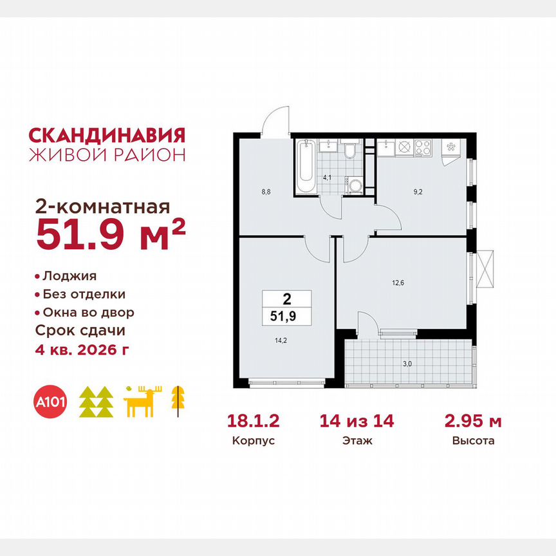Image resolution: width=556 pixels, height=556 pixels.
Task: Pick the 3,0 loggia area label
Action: [407, 364]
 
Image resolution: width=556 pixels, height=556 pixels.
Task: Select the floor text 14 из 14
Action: [357, 422]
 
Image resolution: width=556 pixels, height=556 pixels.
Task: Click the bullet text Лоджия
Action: [69, 276]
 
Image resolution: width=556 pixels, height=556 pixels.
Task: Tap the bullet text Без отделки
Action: [84, 294]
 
